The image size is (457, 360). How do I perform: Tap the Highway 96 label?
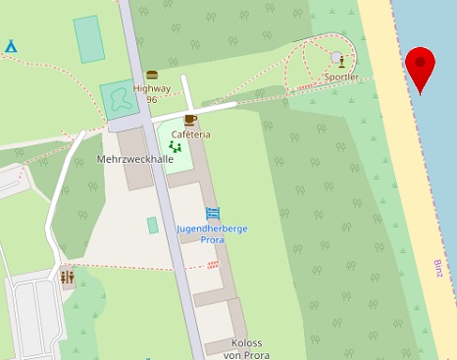[x=152, y=93]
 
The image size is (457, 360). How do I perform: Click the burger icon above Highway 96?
[x=152, y=75]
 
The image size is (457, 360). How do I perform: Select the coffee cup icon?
[x=189, y=120]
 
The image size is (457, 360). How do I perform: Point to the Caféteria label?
[x=190, y=133]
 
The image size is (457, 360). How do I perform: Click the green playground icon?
[x=176, y=147]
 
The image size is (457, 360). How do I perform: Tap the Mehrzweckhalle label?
[x=135, y=159]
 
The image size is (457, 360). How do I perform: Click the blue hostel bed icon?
[x=212, y=213]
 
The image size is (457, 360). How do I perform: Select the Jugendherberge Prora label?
[x=211, y=233]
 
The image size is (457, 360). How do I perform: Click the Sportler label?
[x=341, y=77]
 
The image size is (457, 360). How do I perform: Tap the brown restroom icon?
[x=67, y=278]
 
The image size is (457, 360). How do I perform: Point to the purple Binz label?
[x=438, y=268]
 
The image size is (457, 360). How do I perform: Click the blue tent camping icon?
[x=11, y=46]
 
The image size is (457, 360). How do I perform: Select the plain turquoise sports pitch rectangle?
[x=88, y=39]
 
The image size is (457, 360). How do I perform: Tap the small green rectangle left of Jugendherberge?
[x=153, y=226]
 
